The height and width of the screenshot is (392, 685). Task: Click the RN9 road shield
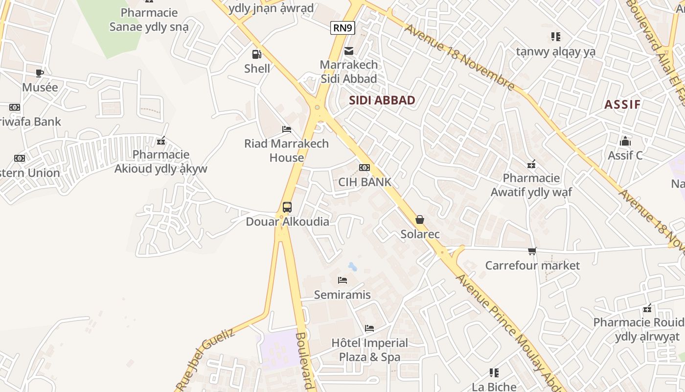[x=342, y=28]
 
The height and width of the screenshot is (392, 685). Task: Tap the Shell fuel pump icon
[x=256, y=54]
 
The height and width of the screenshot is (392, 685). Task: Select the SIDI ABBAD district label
[x=382, y=100]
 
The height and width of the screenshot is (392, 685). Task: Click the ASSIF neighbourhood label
[x=622, y=104]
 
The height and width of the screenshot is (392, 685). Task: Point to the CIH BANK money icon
[x=365, y=168]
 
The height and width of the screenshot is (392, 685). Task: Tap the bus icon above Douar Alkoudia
[x=287, y=207]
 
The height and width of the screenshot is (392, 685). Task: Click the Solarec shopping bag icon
[x=420, y=220]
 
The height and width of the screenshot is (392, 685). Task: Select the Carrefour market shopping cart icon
[x=532, y=251]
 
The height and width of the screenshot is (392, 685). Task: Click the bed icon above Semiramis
[x=342, y=280]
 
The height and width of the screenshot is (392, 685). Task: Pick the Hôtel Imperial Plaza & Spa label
[x=370, y=350]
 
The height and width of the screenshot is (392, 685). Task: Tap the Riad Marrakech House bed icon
[x=287, y=129]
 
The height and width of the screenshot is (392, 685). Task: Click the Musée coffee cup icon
[x=40, y=73]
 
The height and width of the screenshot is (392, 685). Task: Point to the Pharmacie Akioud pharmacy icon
[x=161, y=141]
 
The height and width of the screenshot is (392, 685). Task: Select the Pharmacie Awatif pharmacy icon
[x=531, y=164]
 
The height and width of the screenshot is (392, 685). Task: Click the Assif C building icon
[x=625, y=142]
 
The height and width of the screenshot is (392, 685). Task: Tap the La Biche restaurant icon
[x=494, y=373]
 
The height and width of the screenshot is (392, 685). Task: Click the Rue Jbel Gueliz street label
[x=205, y=360]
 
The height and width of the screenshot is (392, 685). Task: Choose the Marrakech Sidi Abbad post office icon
[x=349, y=50]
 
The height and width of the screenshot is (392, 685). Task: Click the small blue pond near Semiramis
[x=352, y=267]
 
